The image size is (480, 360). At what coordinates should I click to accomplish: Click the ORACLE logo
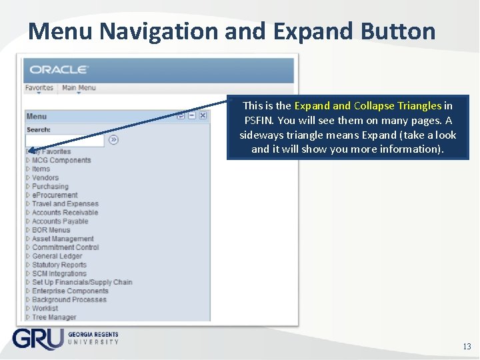[59, 69]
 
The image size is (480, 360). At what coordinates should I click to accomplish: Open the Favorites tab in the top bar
[39, 88]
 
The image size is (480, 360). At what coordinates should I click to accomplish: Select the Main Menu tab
[79, 88]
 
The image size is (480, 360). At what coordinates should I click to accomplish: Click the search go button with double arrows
[113, 140]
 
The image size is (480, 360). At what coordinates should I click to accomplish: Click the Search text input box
[65, 140]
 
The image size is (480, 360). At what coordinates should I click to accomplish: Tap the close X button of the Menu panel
[203, 115]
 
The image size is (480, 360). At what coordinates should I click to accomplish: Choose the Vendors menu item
[45, 178]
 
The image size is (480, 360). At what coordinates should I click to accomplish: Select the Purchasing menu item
[50, 187]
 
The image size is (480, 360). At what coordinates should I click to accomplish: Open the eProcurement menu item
[55, 195]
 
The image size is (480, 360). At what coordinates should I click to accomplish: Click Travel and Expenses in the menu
[65, 204]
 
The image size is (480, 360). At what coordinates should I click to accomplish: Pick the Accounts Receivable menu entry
[65, 213]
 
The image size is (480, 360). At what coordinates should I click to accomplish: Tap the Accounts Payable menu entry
[60, 221]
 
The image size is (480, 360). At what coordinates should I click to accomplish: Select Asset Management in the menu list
[63, 239]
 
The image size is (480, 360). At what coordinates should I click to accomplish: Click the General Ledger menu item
[57, 256]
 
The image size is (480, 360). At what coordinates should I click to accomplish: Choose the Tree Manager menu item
[54, 317]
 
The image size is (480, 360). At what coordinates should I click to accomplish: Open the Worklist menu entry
[45, 309]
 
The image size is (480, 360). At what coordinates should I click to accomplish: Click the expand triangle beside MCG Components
[28, 161]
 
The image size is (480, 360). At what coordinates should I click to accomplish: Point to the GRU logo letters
[37, 339]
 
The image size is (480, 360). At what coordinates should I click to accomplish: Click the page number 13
[467, 347]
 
